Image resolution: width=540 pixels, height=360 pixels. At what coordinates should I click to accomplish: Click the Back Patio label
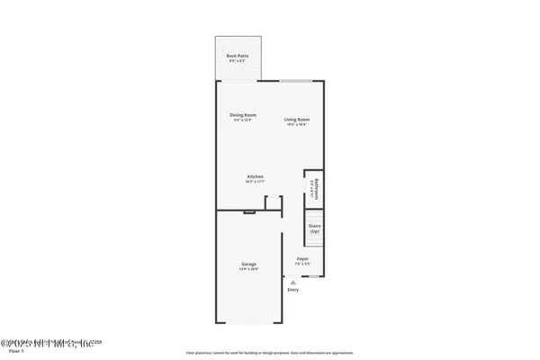click(238, 56)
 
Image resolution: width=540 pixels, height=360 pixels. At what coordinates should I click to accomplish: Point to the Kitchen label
click(256, 175)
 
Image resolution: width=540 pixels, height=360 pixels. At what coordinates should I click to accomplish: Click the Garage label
click(248, 264)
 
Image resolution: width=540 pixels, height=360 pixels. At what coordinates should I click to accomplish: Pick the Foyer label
click(303, 258)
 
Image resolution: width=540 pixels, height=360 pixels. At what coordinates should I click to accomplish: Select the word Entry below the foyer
click(292, 290)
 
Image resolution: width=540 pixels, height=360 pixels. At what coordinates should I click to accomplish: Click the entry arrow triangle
click(292, 282)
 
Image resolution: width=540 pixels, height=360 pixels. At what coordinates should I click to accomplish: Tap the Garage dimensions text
click(248, 269)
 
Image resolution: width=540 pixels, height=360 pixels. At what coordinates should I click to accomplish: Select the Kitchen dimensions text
click(256, 181)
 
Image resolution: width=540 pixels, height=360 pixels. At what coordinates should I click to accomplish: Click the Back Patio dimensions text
click(238, 61)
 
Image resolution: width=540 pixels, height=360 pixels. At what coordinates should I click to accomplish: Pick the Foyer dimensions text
click(303, 264)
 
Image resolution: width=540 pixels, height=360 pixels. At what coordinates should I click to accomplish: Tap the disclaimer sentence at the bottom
click(270, 353)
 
